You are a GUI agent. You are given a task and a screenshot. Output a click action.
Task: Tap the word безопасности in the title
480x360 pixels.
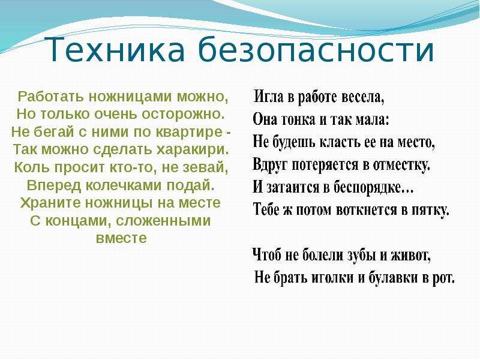point(316,49)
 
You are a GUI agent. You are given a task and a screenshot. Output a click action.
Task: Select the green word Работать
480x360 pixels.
point(50,97)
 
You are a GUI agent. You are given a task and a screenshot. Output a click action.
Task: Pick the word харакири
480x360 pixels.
point(193,150)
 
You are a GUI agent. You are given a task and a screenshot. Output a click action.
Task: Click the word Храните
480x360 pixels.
point(50,203)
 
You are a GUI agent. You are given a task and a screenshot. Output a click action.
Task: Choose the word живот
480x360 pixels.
point(411,256)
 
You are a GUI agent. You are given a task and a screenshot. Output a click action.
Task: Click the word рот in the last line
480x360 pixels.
point(443,278)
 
